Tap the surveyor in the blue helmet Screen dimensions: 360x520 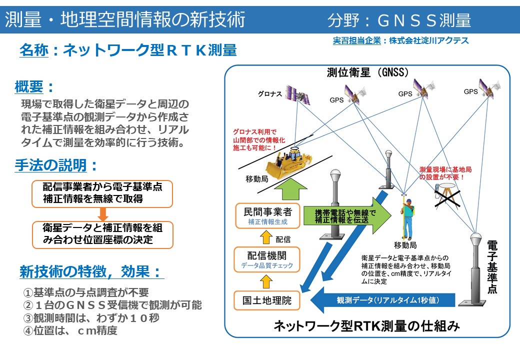[407, 217]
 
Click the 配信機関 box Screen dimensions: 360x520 [267, 259]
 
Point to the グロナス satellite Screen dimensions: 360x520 [295, 93]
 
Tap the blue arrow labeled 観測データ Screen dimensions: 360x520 [382, 300]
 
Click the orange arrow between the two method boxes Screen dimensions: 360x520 [103, 213]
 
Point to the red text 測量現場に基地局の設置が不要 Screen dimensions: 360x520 [442, 173]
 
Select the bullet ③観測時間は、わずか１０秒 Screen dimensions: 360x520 [91, 318]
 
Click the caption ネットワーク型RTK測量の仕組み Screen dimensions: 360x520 [366, 326]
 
